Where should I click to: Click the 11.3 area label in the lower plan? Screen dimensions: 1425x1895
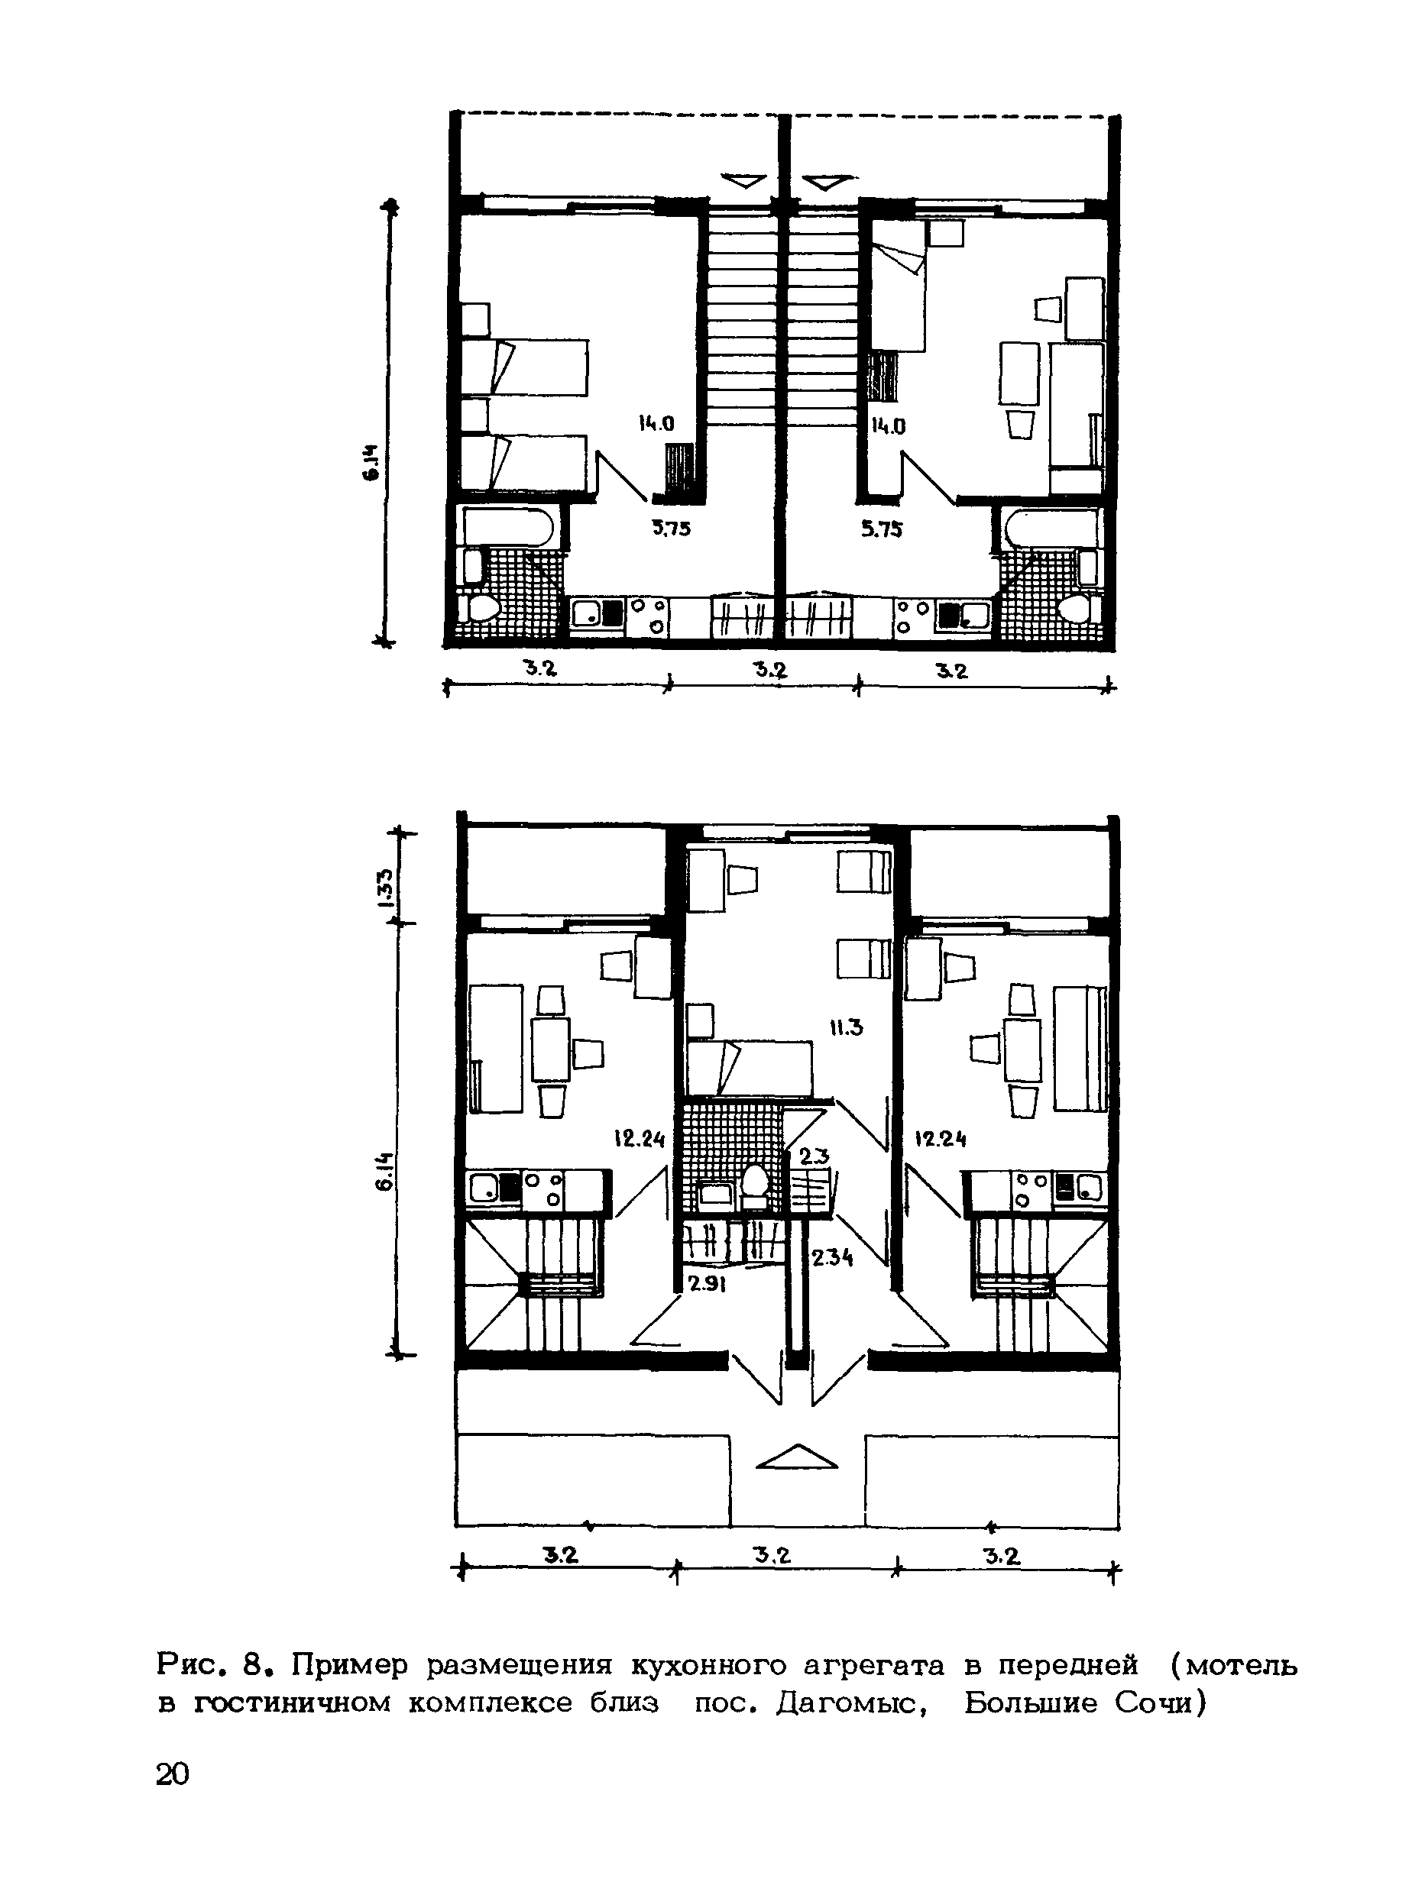[845, 1027]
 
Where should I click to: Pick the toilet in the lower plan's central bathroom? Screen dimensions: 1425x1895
[754, 1182]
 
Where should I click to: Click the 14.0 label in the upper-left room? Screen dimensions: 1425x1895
[656, 423]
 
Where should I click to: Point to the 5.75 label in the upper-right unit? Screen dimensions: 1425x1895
[882, 529]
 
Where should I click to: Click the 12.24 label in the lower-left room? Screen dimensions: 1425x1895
[640, 1139]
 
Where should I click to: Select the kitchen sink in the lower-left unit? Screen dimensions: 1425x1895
[485, 1189]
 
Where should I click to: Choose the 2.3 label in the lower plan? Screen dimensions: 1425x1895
[814, 1156]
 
